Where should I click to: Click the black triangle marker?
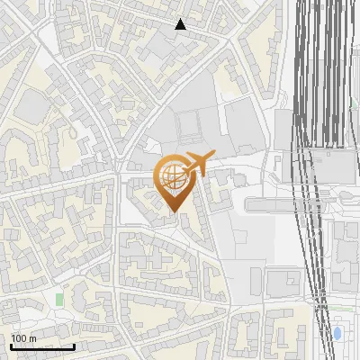tap(180, 24)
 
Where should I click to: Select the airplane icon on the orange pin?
tap(198, 166)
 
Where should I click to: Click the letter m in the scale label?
tap(33, 338)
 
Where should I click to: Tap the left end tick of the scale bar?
tap(11, 346)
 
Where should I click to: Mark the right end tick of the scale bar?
tap(74, 346)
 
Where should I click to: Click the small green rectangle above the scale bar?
tap(59, 298)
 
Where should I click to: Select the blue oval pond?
tap(337, 334)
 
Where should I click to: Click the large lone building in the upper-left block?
tap(34, 106)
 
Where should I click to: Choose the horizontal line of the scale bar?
tap(42, 347)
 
